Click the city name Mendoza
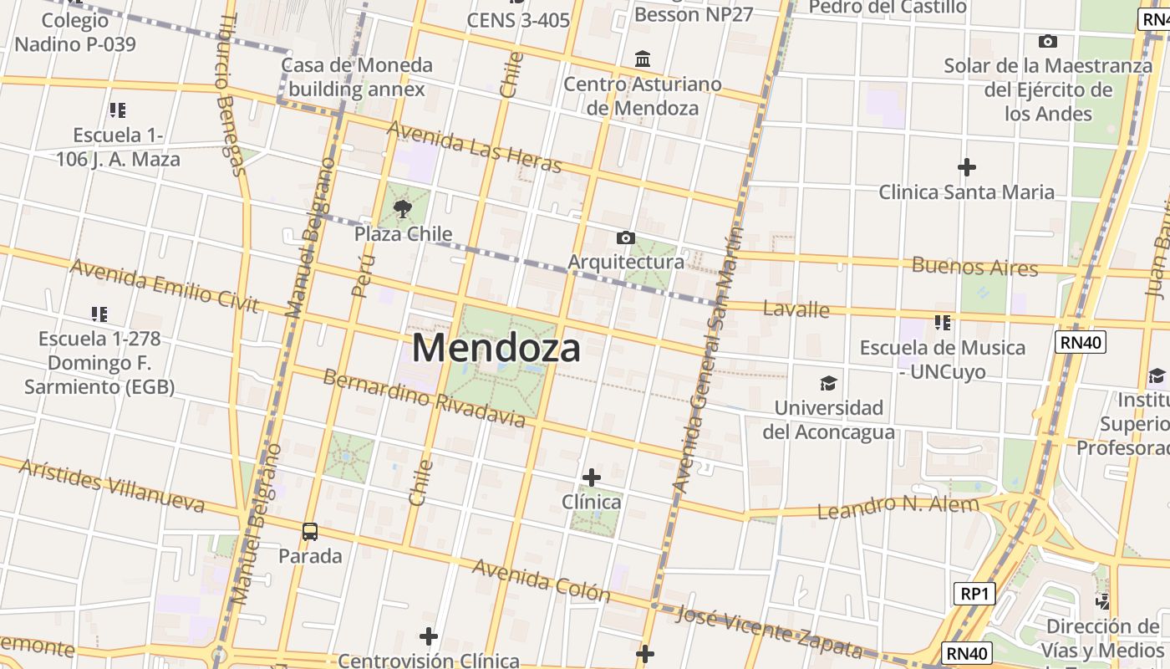[x=496, y=348]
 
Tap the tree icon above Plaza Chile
[x=403, y=209]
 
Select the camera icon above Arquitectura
[x=625, y=238]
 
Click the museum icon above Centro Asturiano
[x=643, y=59]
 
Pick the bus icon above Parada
[x=310, y=531]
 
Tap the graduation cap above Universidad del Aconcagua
[x=828, y=383]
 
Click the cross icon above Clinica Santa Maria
[x=966, y=167]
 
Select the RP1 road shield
[x=974, y=594]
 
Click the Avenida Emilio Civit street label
[x=164, y=285]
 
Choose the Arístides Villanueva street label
[x=112, y=485]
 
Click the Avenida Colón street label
[x=542, y=580]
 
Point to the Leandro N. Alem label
[x=898, y=507]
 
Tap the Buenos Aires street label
[x=974, y=268]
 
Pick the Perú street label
[x=363, y=277]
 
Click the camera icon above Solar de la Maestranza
[x=1047, y=41]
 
